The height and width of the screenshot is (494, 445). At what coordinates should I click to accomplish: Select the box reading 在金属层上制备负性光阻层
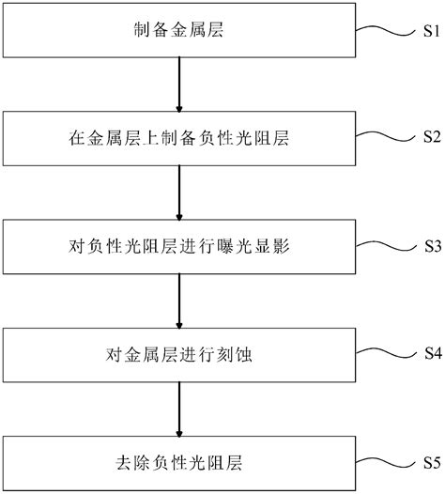[177, 139]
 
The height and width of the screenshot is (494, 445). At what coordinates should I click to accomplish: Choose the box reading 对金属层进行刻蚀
[177, 355]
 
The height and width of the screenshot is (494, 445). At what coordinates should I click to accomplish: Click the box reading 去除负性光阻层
[177, 463]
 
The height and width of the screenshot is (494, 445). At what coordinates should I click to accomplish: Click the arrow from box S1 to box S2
[177, 85]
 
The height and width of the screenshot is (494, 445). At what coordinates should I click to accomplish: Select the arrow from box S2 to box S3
[177, 193]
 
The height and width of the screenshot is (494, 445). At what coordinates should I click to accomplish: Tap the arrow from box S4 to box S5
[177, 409]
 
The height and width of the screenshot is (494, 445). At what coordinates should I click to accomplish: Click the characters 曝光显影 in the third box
[225, 248]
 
